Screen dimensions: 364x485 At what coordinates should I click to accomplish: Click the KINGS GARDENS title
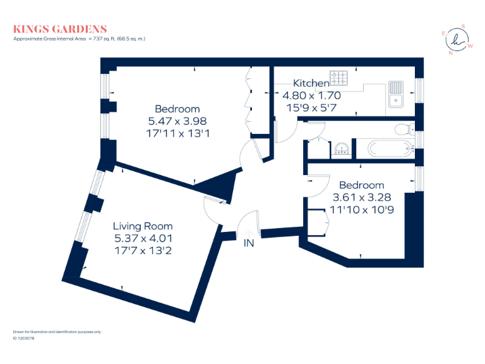(x=60, y=29)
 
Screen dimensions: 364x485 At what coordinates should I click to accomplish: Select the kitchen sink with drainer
(x=395, y=94)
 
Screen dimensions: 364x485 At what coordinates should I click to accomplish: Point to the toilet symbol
(x=402, y=130)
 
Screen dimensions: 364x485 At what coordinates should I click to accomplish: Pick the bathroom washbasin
(x=342, y=149)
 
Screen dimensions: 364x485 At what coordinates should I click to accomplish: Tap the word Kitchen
(x=311, y=83)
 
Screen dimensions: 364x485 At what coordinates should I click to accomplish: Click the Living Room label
(x=143, y=226)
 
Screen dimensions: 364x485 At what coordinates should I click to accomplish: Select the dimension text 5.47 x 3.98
(x=177, y=121)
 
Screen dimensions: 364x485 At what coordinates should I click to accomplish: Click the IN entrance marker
(x=249, y=243)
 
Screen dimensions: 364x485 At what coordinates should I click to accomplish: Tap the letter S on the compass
(x=464, y=27)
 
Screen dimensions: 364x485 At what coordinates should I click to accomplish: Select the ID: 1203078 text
(x=23, y=338)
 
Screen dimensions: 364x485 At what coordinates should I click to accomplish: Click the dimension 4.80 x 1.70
(x=311, y=96)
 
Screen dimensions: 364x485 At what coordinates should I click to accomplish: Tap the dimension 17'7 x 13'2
(x=143, y=250)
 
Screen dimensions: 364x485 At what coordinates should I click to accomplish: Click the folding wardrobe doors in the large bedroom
(x=248, y=101)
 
